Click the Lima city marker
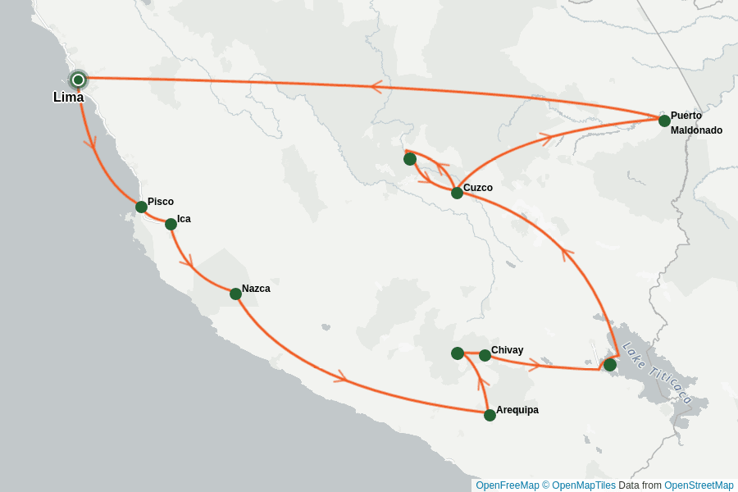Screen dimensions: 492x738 (x=78, y=80)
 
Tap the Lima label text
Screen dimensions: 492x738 (x=68, y=98)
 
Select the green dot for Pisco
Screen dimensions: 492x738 (x=141, y=207)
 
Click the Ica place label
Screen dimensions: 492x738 (x=184, y=219)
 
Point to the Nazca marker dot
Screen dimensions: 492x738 (x=235, y=294)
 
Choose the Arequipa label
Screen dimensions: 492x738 (x=517, y=410)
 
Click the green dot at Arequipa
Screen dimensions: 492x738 (x=490, y=415)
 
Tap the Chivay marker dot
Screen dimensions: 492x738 (x=485, y=355)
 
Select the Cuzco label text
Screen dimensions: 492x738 (x=478, y=188)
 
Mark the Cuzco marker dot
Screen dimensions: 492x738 (x=457, y=193)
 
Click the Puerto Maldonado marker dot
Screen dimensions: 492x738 (x=664, y=121)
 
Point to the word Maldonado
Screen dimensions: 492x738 (x=696, y=130)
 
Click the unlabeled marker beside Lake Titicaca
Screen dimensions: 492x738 (x=610, y=364)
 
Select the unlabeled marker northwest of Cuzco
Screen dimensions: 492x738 (x=410, y=159)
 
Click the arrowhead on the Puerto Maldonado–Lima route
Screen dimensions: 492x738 (x=377, y=87)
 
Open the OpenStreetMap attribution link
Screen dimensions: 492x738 (x=699, y=485)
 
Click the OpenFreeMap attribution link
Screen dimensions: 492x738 (x=506, y=485)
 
